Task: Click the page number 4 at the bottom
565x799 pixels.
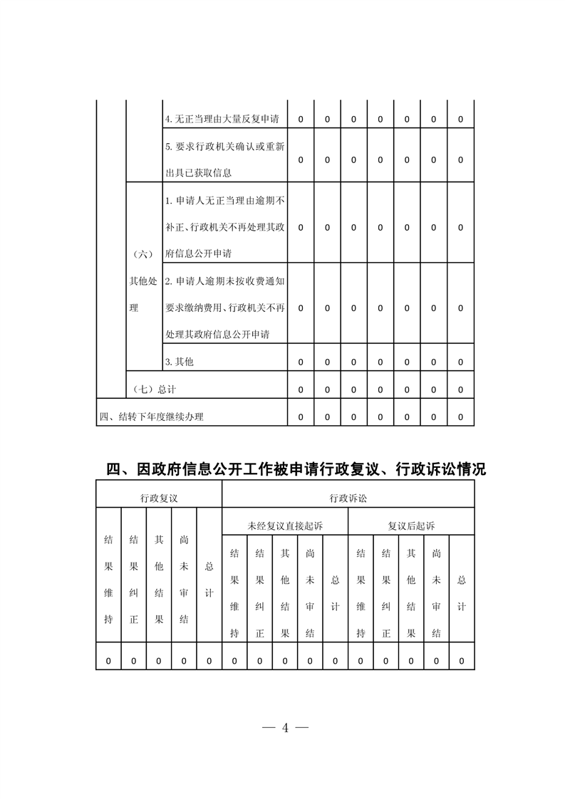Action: (x=285, y=728)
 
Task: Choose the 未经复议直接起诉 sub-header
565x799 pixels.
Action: (x=285, y=526)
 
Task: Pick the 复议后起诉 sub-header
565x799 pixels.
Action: (x=411, y=526)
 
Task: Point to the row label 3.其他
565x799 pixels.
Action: (x=179, y=362)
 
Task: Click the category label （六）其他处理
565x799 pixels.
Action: (x=142, y=281)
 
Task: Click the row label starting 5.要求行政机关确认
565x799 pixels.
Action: (x=225, y=160)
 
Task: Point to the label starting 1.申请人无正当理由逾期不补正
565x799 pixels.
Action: (x=225, y=226)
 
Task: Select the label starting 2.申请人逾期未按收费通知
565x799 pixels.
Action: (x=225, y=308)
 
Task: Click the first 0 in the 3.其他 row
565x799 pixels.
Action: (x=301, y=362)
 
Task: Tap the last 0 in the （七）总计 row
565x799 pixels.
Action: (x=461, y=390)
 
